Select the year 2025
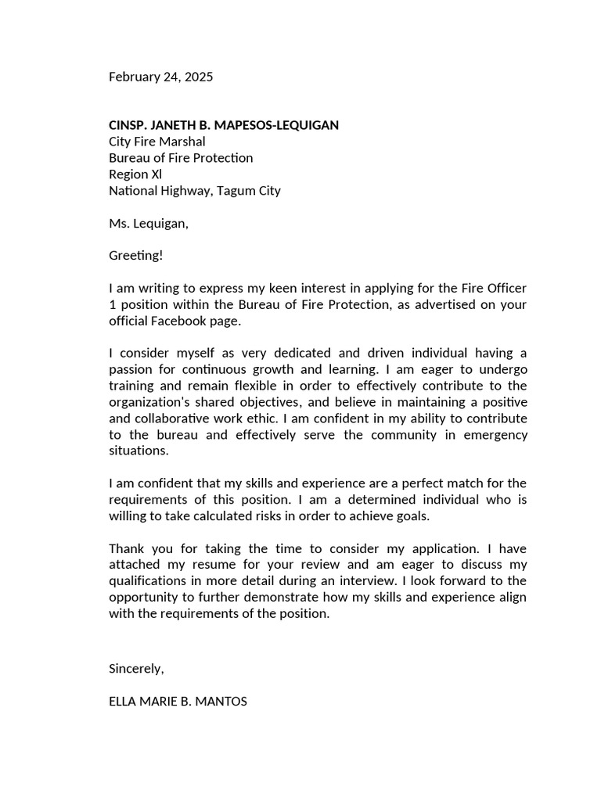pyautogui.click(x=197, y=77)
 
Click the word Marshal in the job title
pyautogui.click(x=182, y=142)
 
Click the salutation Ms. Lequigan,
pyautogui.click(x=149, y=224)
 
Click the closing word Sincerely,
pyautogui.click(x=136, y=669)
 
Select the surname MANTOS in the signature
pyautogui.click(x=222, y=702)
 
